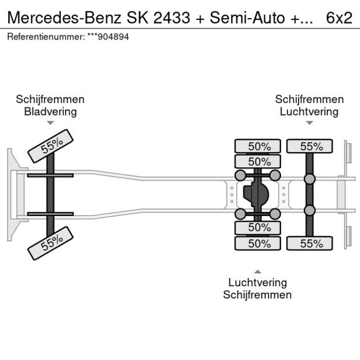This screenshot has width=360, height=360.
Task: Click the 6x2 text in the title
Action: point(339,17)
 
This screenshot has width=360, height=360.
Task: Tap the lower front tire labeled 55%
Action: point(51,242)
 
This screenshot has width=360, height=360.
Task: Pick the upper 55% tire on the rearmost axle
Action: point(309,146)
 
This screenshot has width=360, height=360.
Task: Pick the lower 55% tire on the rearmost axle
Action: point(309,243)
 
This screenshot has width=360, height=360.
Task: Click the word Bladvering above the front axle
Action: point(50,111)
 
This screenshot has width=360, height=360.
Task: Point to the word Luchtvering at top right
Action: point(309,111)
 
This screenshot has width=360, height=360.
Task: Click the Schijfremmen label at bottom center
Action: point(257,294)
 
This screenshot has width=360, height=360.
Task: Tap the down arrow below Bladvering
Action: point(51,123)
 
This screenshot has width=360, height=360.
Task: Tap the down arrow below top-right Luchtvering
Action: point(309,123)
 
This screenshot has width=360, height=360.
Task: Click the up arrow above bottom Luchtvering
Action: point(257,271)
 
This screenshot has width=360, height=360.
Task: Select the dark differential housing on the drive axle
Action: point(255,195)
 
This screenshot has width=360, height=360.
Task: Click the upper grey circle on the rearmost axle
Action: point(309,179)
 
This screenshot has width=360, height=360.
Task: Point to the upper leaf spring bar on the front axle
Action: point(51,175)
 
